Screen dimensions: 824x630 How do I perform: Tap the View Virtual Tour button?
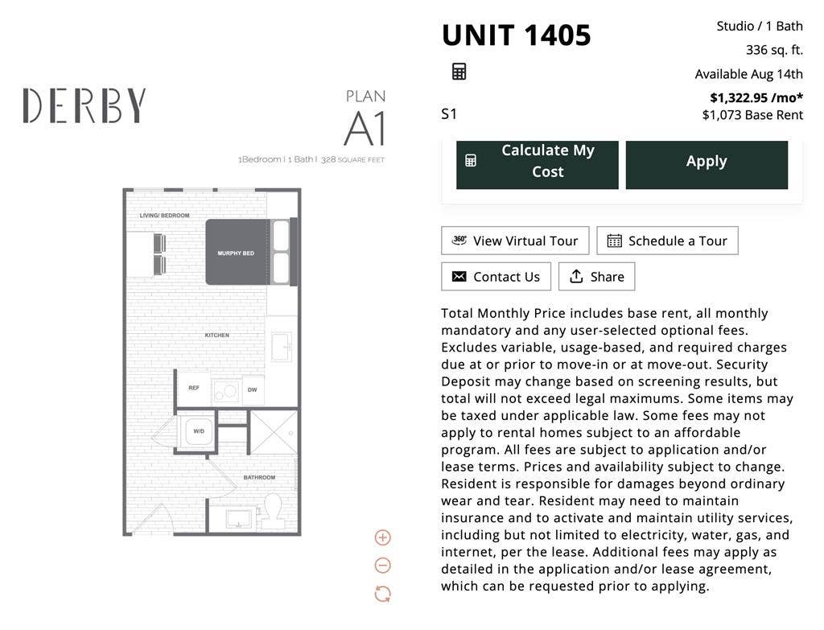pos(515,241)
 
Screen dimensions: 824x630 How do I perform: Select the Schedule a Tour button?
pos(667,241)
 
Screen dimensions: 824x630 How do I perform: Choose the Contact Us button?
pos(496,277)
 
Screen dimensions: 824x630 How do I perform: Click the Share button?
pos(596,277)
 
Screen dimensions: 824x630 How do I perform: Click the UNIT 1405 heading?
pos(516,35)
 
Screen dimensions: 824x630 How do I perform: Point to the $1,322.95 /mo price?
pos(756,97)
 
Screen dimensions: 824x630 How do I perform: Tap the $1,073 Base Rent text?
pos(752,115)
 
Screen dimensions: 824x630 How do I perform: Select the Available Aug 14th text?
pos(749,74)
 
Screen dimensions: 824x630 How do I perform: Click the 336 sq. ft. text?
pos(775,50)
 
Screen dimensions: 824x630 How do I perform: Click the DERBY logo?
pos(84,105)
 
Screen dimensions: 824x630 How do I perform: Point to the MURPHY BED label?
pos(236,253)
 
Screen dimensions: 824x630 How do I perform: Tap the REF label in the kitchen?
pos(194,388)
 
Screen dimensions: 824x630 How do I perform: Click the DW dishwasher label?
pos(252,390)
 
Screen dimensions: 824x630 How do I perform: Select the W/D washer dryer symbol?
pos(199,430)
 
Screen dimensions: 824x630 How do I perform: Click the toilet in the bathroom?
pos(272,510)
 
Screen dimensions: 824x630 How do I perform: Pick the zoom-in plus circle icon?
pos(382,537)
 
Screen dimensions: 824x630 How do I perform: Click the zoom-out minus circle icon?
pos(382,566)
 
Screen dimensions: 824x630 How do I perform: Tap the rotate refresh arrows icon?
pos(382,595)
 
